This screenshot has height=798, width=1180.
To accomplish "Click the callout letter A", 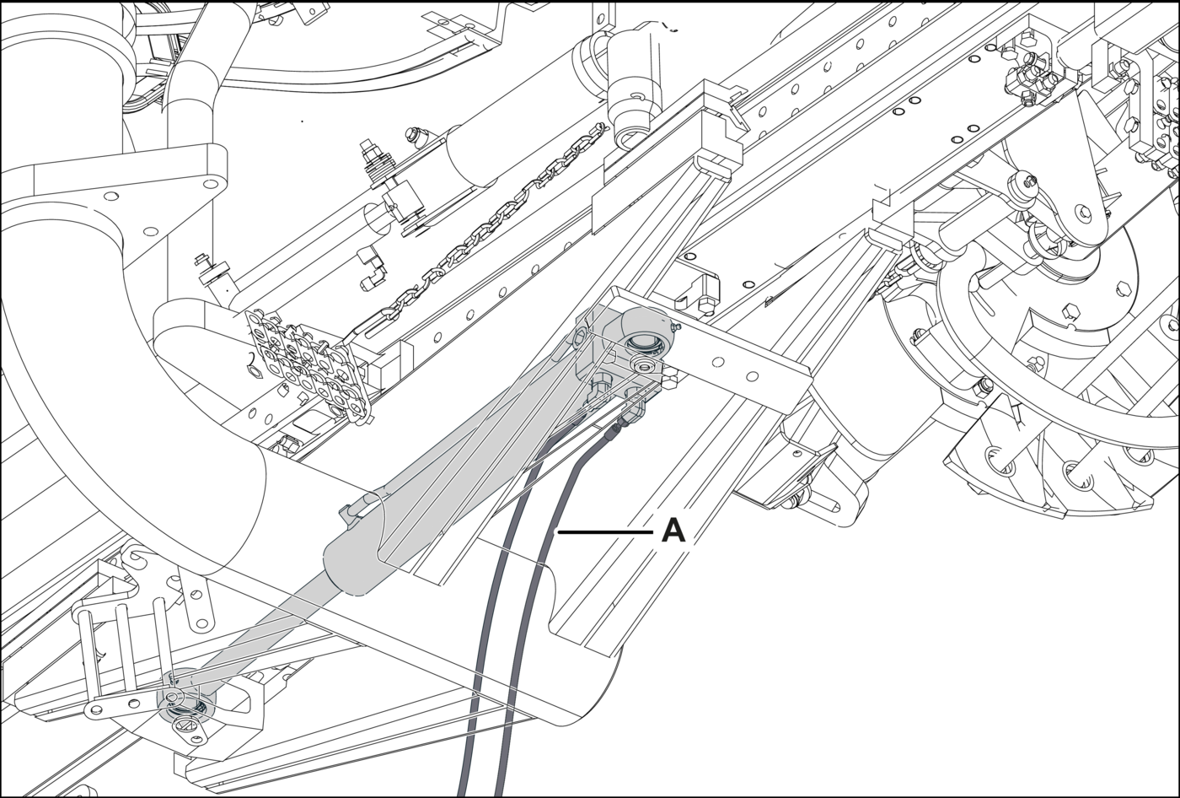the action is click(673, 531).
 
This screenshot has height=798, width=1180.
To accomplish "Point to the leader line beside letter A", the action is click(605, 532).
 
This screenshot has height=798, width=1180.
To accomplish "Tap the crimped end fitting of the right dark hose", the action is click(617, 430).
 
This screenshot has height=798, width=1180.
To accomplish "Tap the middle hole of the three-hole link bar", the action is click(135, 704).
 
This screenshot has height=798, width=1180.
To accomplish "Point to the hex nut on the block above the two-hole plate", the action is click(705, 304).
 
